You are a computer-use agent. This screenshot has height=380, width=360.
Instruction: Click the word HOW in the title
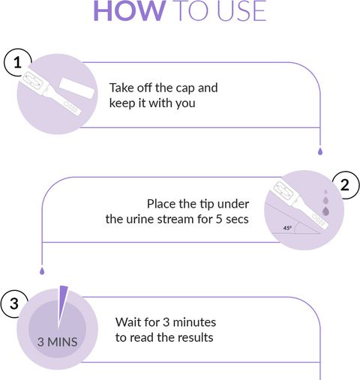click(130, 11)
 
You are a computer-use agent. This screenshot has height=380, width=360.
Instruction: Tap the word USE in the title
click(241, 11)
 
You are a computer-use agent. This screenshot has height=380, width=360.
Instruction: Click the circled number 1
click(17, 62)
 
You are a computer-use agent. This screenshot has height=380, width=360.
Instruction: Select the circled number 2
click(345, 185)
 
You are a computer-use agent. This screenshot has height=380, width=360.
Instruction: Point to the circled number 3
click(14, 304)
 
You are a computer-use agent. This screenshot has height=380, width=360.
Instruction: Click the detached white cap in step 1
click(76, 88)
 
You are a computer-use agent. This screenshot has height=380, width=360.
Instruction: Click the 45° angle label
click(287, 228)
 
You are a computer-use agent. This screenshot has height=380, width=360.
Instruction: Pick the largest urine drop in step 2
click(325, 211)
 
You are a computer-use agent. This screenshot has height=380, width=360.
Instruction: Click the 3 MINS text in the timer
click(57, 342)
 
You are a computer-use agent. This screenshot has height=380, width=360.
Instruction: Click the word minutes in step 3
click(194, 322)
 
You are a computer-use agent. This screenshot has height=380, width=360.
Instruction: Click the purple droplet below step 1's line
click(320, 151)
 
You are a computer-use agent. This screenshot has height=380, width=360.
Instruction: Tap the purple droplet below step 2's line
click(42, 271)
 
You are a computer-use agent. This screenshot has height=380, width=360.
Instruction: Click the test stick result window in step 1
click(32, 80)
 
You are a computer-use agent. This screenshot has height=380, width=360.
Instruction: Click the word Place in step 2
click(160, 204)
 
